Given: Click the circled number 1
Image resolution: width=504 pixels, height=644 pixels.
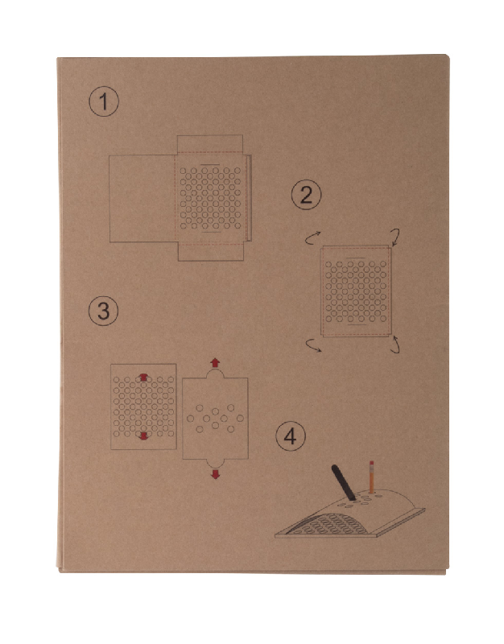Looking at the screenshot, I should tap(104, 102).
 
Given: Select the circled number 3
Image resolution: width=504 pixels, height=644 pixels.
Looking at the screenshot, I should tap(104, 311).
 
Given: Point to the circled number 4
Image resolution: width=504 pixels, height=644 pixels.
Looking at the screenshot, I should tap(291, 436).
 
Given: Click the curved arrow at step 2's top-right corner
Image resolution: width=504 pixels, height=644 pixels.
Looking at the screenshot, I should tap(395, 235).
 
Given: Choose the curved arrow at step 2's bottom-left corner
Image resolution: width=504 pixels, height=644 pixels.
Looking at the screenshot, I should tap(313, 345).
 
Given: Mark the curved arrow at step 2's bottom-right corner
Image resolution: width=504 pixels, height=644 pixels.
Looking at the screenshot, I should tap(395, 345).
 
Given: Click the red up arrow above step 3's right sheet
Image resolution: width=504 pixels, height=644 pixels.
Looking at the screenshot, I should tap(215, 362).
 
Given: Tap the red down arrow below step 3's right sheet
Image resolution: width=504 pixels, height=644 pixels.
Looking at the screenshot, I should tap(215, 474).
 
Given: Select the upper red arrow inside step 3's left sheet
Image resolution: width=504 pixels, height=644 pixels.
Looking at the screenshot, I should tap(143, 377).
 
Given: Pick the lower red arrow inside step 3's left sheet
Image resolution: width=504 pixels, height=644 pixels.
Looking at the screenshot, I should tap(143, 436).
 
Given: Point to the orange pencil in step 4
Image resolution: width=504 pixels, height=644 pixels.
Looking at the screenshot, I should tap(372, 479).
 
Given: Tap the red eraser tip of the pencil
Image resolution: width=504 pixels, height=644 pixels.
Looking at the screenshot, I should tap(372, 464).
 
